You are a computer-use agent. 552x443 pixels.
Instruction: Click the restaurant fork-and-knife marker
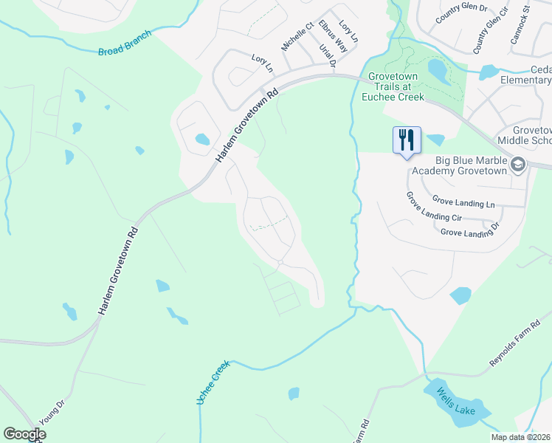coord(407,140)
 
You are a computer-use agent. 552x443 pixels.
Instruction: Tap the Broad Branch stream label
coord(124,44)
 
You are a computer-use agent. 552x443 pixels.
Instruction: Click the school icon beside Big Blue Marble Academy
coord(517,165)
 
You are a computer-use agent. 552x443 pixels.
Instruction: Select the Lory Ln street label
coord(262,62)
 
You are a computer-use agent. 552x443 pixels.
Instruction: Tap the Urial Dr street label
coord(328,57)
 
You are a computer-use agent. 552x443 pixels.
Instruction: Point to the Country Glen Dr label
coord(462,13)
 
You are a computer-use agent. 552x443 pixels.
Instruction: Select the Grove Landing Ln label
coord(464,202)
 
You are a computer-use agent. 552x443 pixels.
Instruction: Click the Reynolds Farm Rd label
coord(515,343)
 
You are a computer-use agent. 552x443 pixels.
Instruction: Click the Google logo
coord(24,434)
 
